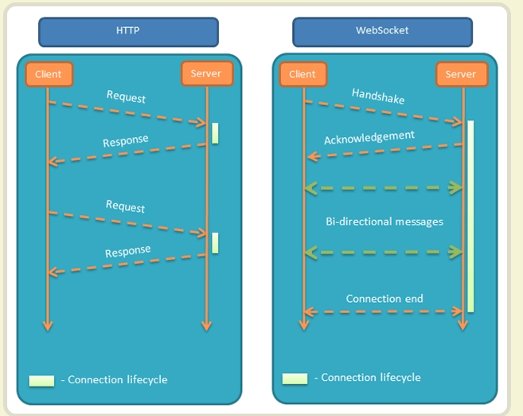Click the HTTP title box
[128, 32]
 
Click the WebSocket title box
[382, 32]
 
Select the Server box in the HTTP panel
[206, 74]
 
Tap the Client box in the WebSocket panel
[302, 74]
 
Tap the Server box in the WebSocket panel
[461, 74]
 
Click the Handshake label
[378, 96]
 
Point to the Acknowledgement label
[369, 137]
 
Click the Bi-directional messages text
[384, 221]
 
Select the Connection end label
[384, 299]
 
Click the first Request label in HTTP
[126, 96]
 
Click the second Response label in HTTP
[127, 252]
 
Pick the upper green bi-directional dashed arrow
[383, 188]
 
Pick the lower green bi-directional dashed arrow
[383, 252]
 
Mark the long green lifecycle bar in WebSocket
[470, 215]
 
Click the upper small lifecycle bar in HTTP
[215, 133]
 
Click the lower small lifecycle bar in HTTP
[215, 243]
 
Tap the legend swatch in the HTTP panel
[41, 380]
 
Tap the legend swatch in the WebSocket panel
[295, 378]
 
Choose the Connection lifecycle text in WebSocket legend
[370, 377]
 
